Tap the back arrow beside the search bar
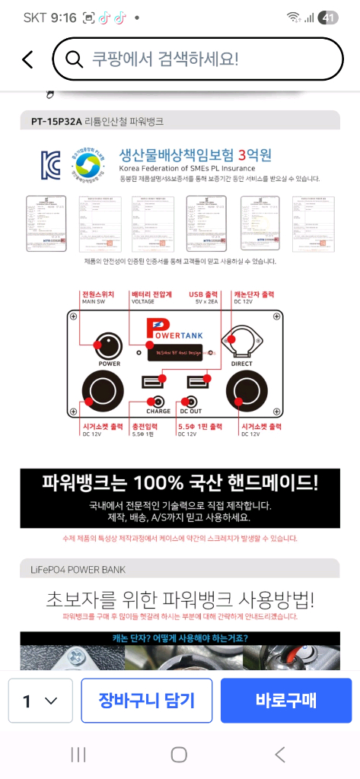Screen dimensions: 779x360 pyautogui.click(x=27, y=59)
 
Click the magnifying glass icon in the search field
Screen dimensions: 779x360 pyautogui.click(x=74, y=59)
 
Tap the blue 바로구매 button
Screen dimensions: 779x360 pyautogui.click(x=285, y=700)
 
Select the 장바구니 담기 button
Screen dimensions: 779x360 pyautogui.click(x=146, y=700)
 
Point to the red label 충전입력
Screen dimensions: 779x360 pyautogui.click(x=146, y=426)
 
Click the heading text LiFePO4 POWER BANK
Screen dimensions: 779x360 pyautogui.click(x=73, y=569)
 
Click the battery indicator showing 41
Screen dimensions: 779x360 pyautogui.click(x=330, y=17)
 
